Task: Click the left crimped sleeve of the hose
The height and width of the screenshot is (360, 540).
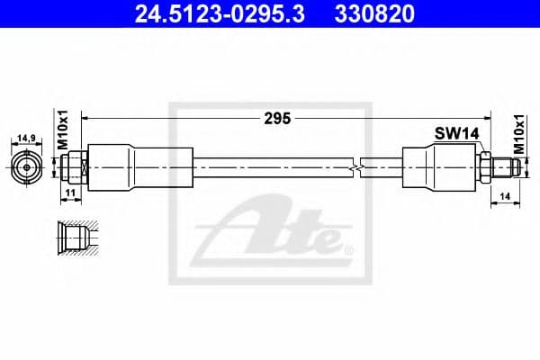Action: pos(139,166)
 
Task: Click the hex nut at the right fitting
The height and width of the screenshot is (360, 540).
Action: pos(484,166)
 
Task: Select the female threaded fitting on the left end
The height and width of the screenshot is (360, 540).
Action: pos(75,166)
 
